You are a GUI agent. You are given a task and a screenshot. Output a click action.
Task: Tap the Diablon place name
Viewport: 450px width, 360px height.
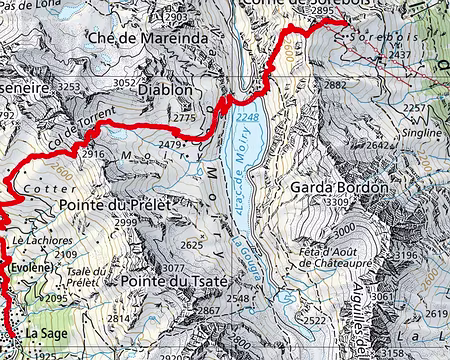(x=166, y=89)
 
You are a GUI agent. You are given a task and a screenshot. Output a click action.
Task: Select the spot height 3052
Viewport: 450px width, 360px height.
(x=125, y=83)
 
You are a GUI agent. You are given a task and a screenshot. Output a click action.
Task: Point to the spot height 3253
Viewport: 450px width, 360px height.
(x=69, y=88)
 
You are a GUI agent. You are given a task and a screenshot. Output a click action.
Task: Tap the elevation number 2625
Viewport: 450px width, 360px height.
(x=191, y=245)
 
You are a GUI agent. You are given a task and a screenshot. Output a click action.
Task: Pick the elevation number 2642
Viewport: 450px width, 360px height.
(x=378, y=146)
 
